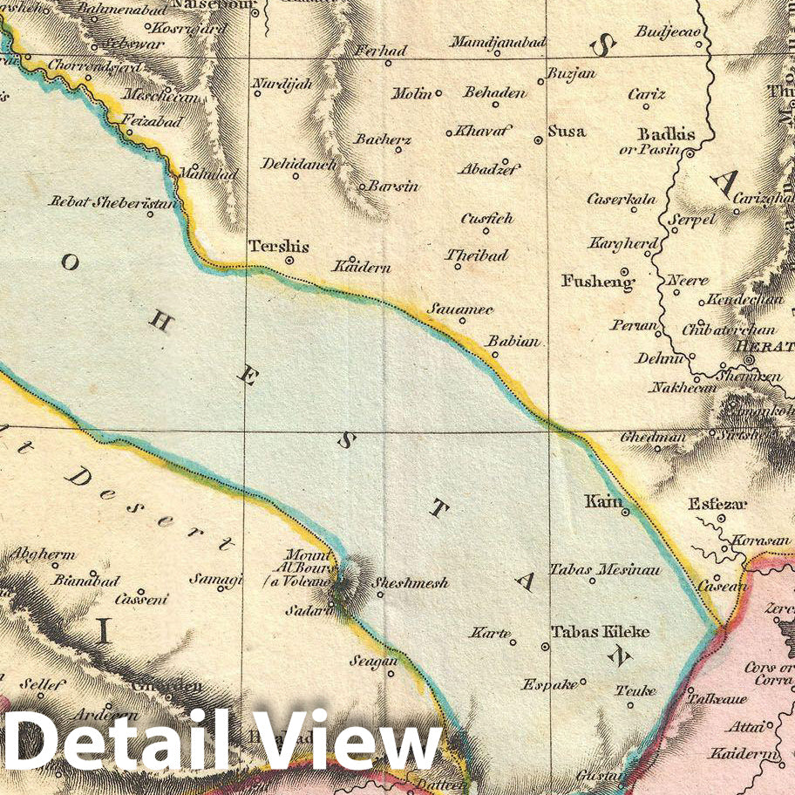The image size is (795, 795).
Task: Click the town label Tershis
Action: pos(279,246)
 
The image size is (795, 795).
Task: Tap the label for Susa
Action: pos(567,132)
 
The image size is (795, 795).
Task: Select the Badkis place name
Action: pos(667,134)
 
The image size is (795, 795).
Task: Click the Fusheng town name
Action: pos(598,282)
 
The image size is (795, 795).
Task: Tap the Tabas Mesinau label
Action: pos(605,569)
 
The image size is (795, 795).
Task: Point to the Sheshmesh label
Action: pos(411,582)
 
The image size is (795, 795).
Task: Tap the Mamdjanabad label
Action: pos(498,42)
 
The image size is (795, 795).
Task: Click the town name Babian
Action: pos(513,342)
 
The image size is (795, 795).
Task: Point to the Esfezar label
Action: pos(718,504)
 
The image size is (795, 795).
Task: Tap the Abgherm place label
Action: pos(42,554)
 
